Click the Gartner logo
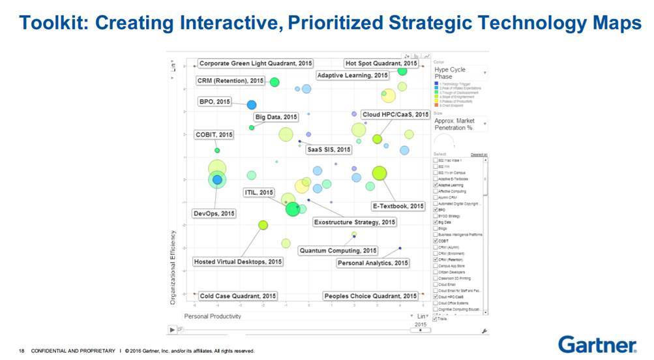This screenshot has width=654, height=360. [x=597, y=344]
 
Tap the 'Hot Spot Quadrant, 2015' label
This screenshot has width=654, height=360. [x=381, y=63]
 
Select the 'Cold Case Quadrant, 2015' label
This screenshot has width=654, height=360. [x=238, y=295]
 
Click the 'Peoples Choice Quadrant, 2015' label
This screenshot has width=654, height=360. [x=370, y=295]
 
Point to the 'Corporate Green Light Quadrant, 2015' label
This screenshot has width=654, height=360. [x=255, y=63]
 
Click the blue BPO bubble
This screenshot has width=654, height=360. [x=251, y=104]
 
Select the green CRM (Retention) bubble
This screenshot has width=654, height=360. [x=275, y=82]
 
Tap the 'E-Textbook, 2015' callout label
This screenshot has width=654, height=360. [x=398, y=206]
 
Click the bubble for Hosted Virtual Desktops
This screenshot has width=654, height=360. [x=263, y=225]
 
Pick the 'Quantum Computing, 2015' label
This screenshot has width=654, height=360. [x=338, y=250]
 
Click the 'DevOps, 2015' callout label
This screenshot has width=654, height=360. [x=215, y=213]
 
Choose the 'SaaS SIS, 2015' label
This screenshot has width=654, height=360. [x=329, y=149]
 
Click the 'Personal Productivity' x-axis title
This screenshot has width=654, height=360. [x=213, y=316]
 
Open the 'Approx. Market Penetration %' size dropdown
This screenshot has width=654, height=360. [x=460, y=124]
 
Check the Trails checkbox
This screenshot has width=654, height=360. [x=436, y=318]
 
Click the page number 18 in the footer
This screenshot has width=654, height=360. [x=21, y=352]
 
